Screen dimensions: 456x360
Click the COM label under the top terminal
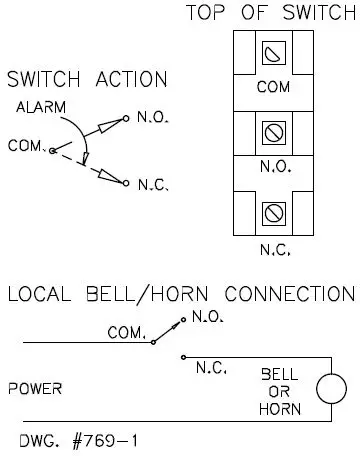(x=274, y=87)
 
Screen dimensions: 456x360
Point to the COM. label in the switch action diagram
(x=27, y=146)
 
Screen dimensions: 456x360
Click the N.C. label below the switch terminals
(x=274, y=250)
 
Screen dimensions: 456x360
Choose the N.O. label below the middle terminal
(x=274, y=167)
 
